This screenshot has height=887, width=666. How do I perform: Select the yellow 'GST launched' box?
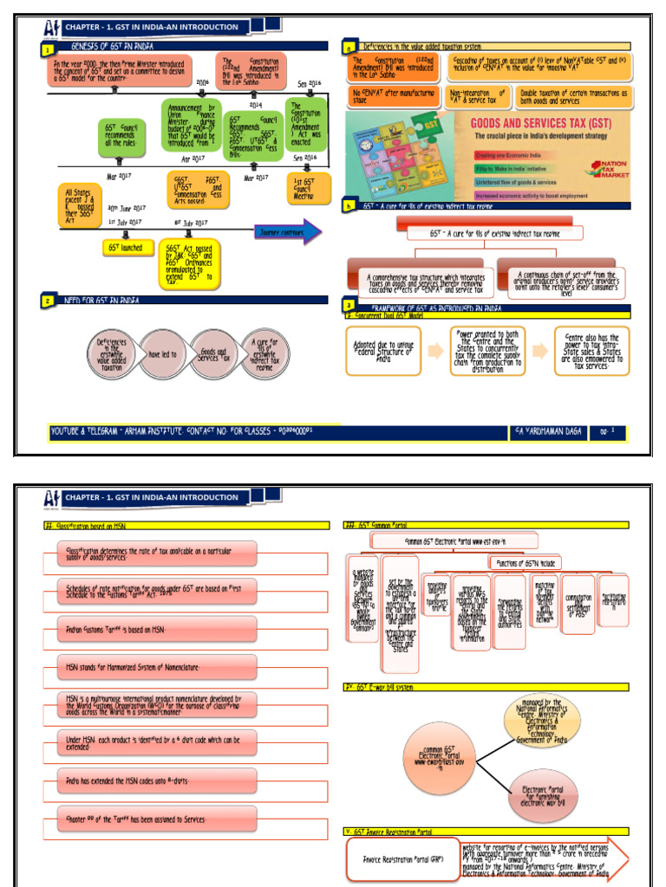click(x=126, y=248)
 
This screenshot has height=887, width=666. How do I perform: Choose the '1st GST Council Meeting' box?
click(x=310, y=188)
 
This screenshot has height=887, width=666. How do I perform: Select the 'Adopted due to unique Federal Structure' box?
click(x=383, y=351)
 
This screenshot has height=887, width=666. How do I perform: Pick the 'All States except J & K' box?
click(x=81, y=206)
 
